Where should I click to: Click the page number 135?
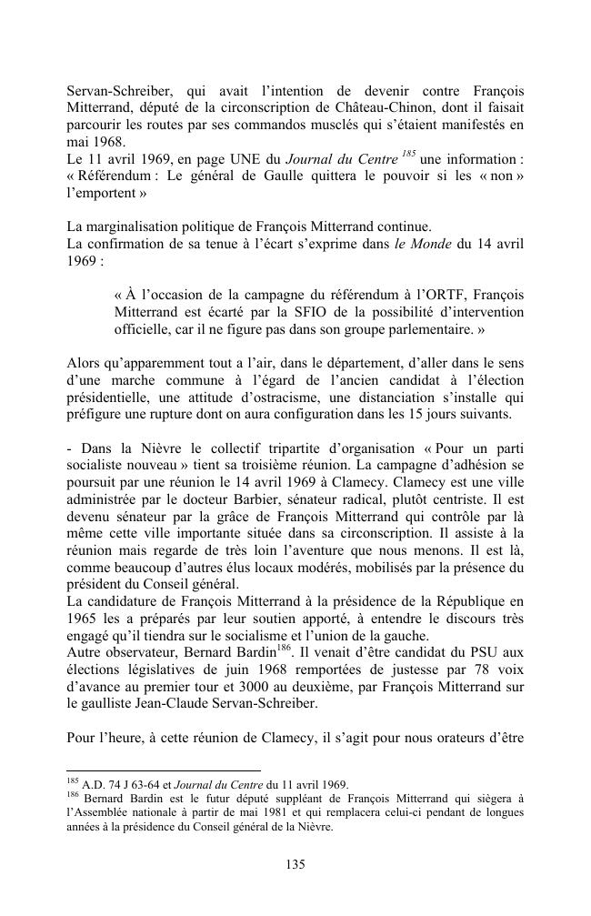295,865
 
